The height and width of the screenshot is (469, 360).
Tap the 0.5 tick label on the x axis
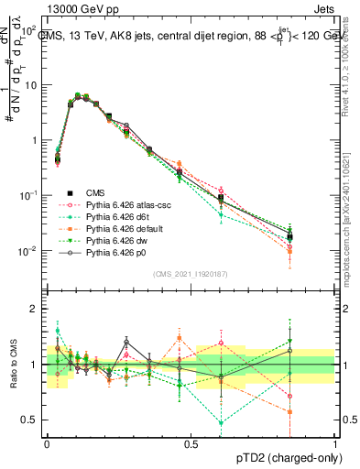(x=191, y=443)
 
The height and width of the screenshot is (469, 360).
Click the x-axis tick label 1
(x=335, y=443)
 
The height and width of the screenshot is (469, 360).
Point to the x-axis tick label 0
(x=47, y=443)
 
